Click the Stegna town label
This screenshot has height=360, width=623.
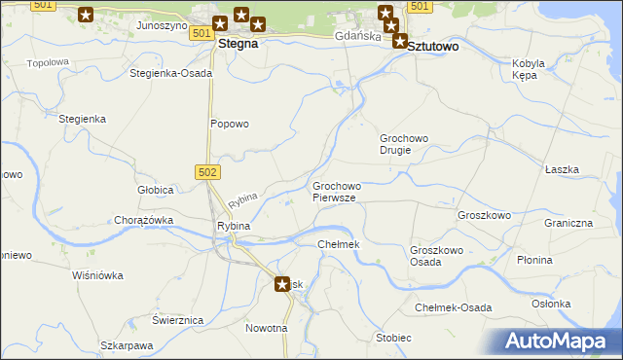coord(238,44)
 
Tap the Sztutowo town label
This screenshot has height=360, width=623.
coord(433,46)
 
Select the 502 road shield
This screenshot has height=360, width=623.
coord(207,172)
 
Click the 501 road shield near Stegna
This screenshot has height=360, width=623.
coord(202,33)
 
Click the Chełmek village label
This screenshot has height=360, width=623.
coord(339,243)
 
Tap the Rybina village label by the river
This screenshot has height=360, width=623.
coord(234,226)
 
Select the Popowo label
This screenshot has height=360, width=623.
coord(231,124)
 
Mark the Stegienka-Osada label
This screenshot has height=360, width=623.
coord(171,73)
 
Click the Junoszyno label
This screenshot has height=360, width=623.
coord(162,25)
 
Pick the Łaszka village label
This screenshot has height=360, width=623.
coord(562,169)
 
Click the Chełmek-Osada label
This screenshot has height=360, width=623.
coord(453,307)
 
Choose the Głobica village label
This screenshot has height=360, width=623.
coord(155,189)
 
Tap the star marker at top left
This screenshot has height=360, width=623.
coord(86,15)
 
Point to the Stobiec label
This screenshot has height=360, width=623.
coord(393,338)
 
